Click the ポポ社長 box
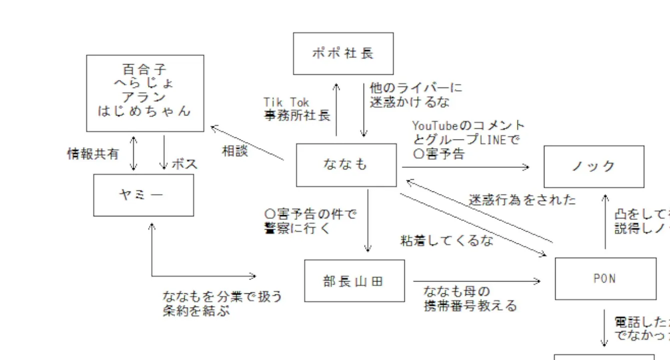pos(343,53)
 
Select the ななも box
pos(346,165)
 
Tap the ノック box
pos(594,166)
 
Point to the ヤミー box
pos(144,195)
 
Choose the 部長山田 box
pos(354,280)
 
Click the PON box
pos(605,278)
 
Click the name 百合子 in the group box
pos(145,69)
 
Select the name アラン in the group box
pos(145,97)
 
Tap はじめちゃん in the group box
pos(145,111)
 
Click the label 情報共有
pos(94,154)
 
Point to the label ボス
pos(185,164)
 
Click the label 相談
pos(235,151)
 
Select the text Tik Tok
pos(287,102)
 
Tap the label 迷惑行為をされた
pos(522,200)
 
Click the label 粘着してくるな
pos(447,240)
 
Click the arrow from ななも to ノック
pos(465,167)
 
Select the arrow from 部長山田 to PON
pos(475,281)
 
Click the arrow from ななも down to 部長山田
pos(368,220)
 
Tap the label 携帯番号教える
pos(470,305)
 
